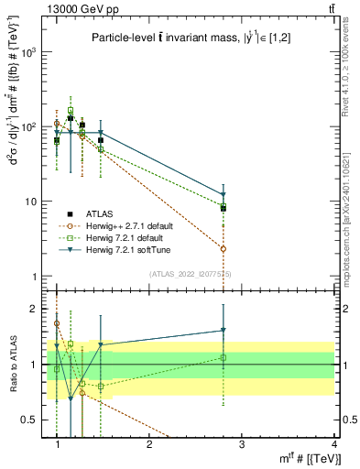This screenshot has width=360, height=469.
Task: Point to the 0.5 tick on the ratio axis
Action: pos(35,420)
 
